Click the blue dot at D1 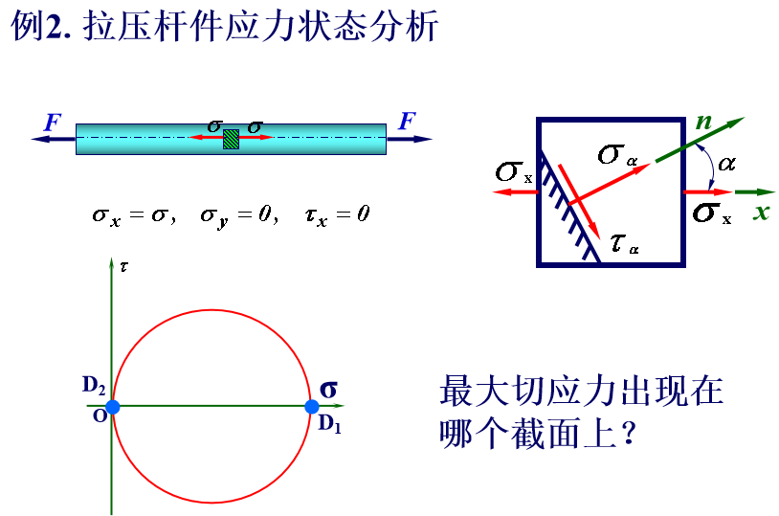click(x=311, y=407)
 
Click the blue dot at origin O click(x=113, y=407)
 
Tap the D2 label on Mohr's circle click(x=94, y=385)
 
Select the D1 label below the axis click(x=329, y=424)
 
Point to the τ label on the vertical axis click(x=123, y=267)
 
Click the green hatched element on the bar click(x=231, y=139)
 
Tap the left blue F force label click(x=53, y=123)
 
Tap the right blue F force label click(x=407, y=121)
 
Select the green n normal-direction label click(x=703, y=122)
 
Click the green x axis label click(x=761, y=213)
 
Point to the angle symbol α click(x=726, y=163)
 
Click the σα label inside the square click(x=617, y=154)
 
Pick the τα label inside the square click(x=625, y=243)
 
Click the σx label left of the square click(x=514, y=172)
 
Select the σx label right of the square click(x=712, y=213)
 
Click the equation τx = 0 click(x=337, y=215)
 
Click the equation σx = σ click(x=134, y=215)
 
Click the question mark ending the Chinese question click(x=629, y=434)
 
